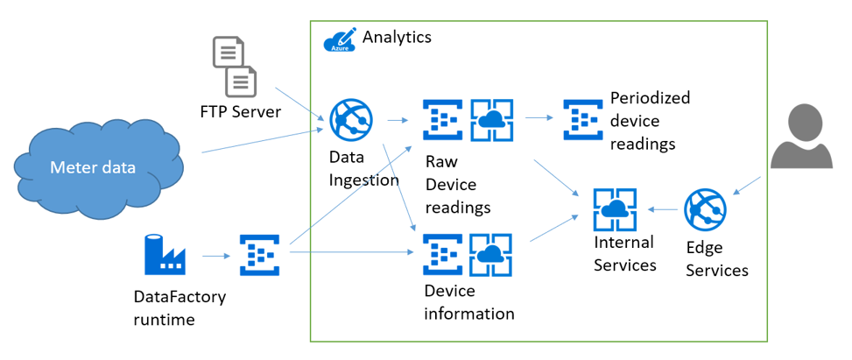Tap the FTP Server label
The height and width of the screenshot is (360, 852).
[x=240, y=112]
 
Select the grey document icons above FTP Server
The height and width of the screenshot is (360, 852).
[x=236, y=67]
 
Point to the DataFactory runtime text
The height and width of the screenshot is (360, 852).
[x=179, y=308]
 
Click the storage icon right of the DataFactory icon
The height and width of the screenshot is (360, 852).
[x=259, y=255]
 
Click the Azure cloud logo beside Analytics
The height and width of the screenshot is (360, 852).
[x=340, y=39]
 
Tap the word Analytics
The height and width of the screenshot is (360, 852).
[x=397, y=37]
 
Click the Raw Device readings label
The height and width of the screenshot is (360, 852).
[x=457, y=185]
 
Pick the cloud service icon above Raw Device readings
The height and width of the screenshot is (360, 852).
[x=491, y=120]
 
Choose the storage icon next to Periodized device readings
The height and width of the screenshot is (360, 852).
[x=582, y=120]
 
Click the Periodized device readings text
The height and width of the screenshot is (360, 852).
[x=650, y=121]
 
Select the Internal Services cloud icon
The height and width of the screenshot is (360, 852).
[x=615, y=209]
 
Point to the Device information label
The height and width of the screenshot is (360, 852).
[x=468, y=302]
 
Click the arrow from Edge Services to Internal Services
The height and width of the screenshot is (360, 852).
[x=665, y=210]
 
